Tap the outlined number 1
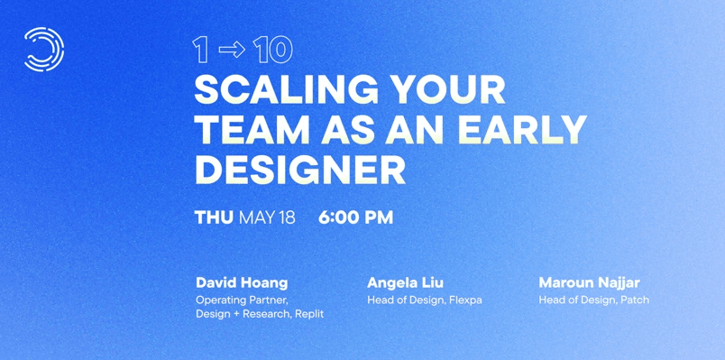200,50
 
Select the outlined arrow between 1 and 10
232,50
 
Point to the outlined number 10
273,50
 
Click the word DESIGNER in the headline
300,170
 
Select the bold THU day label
214,217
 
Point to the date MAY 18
267,217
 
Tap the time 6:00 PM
355,217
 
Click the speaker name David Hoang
242,282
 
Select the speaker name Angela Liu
405,282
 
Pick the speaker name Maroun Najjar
589,282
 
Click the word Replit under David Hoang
309,314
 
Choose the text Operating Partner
242,300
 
